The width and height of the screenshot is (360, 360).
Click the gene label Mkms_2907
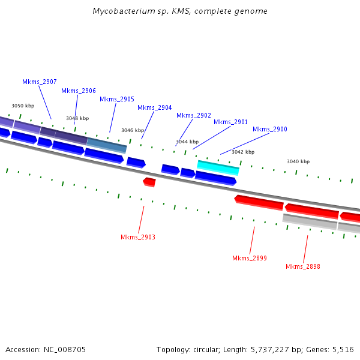40,82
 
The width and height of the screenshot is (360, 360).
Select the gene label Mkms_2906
79,91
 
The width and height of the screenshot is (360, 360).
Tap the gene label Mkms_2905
117,99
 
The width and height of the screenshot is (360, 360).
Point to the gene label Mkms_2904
155,108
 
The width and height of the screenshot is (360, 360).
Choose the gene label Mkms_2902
194,115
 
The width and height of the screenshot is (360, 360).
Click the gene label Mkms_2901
231,122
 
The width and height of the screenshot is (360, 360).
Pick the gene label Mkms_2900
270,129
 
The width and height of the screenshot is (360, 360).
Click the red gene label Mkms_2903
138,237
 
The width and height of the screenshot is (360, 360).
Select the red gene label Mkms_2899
250,258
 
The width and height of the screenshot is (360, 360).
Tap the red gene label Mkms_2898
303,266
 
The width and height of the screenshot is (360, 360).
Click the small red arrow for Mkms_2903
149,181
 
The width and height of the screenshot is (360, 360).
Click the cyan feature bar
218,167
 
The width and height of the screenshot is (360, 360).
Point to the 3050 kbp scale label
23,106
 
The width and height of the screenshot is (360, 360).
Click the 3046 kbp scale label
133,130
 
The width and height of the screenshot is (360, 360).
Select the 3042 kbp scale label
243,152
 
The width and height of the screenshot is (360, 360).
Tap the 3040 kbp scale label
298,161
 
